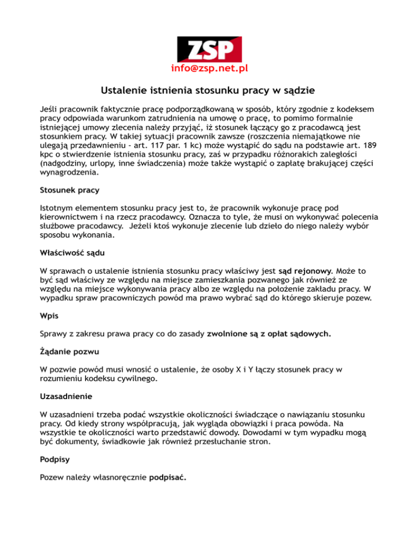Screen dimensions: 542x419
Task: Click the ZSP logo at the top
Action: pyautogui.click(x=209, y=48)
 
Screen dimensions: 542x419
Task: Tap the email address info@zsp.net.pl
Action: pyautogui.click(x=209, y=69)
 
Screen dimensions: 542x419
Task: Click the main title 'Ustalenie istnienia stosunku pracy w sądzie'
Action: pyautogui.click(x=209, y=91)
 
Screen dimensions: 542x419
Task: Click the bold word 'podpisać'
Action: pyautogui.click(x=167, y=478)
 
